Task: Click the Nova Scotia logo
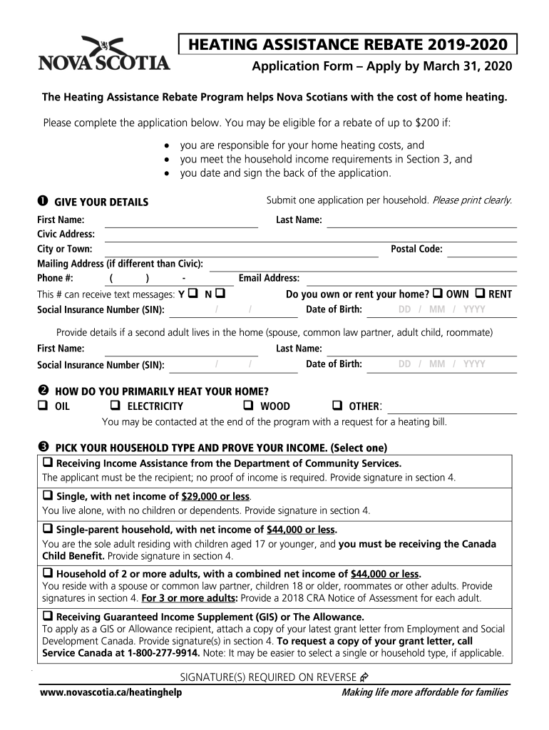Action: point(104,54)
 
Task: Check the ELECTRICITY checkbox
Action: point(115,406)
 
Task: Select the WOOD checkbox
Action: point(249,406)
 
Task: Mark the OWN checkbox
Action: point(438,294)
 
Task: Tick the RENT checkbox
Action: point(480,294)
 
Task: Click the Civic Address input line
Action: point(311,235)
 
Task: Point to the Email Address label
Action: point(269,278)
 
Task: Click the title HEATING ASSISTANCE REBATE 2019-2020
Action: point(348,46)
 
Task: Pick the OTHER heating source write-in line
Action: point(451,407)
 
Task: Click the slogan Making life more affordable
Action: point(425,693)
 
